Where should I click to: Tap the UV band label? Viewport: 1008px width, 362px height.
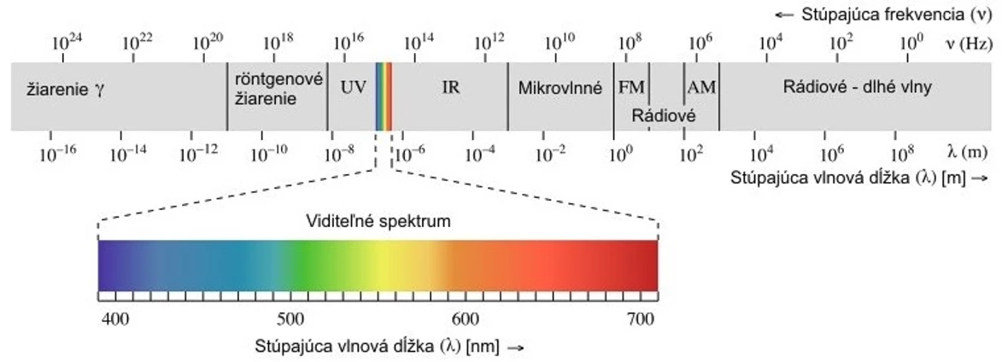pyautogui.click(x=352, y=87)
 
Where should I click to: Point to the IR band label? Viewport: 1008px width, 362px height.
pyautogui.click(x=451, y=87)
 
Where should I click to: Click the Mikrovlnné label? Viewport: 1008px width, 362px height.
pyautogui.click(x=560, y=87)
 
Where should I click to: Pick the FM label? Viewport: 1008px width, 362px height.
pyautogui.click(x=631, y=87)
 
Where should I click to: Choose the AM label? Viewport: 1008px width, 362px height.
pyautogui.click(x=701, y=87)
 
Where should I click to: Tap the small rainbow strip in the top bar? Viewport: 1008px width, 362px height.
pyautogui.click(x=384, y=96)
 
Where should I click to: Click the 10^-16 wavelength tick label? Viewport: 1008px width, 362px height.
pyautogui.click(x=57, y=154)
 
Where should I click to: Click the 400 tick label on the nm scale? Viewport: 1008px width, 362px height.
pyautogui.click(x=114, y=318)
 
